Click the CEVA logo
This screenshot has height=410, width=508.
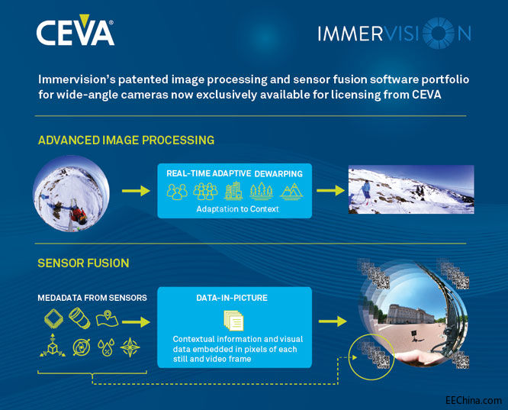(x=75, y=32)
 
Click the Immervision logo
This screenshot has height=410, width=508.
(x=393, y=34)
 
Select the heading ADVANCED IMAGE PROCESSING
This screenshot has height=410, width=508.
(x=126, y=140)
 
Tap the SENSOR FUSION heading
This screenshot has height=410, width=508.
(x=83, y=263)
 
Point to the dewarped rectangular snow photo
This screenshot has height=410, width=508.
(x=410, y=190)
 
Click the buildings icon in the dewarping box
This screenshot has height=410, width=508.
(x=233, y=190)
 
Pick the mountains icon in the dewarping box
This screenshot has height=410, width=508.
(x=291, y=190)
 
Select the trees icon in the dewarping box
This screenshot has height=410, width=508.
(x=262, y=190)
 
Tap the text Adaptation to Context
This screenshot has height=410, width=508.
(x=234, y=208)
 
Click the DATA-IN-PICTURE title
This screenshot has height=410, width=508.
(x=234, y=297)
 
